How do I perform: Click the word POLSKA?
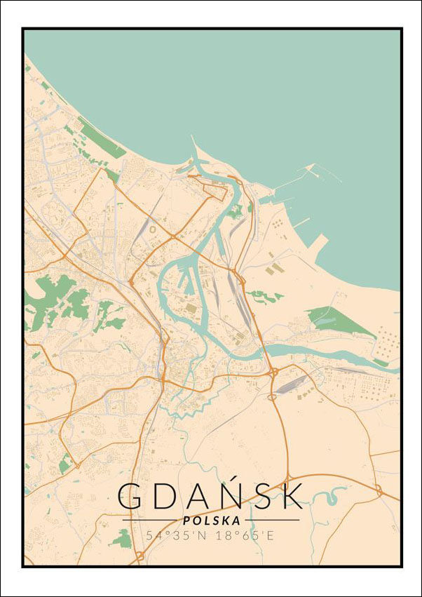point(211,521)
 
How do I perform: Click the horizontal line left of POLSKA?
point(150,521)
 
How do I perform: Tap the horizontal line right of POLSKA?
point(271,521)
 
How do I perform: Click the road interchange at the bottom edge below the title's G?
point(139,557)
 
